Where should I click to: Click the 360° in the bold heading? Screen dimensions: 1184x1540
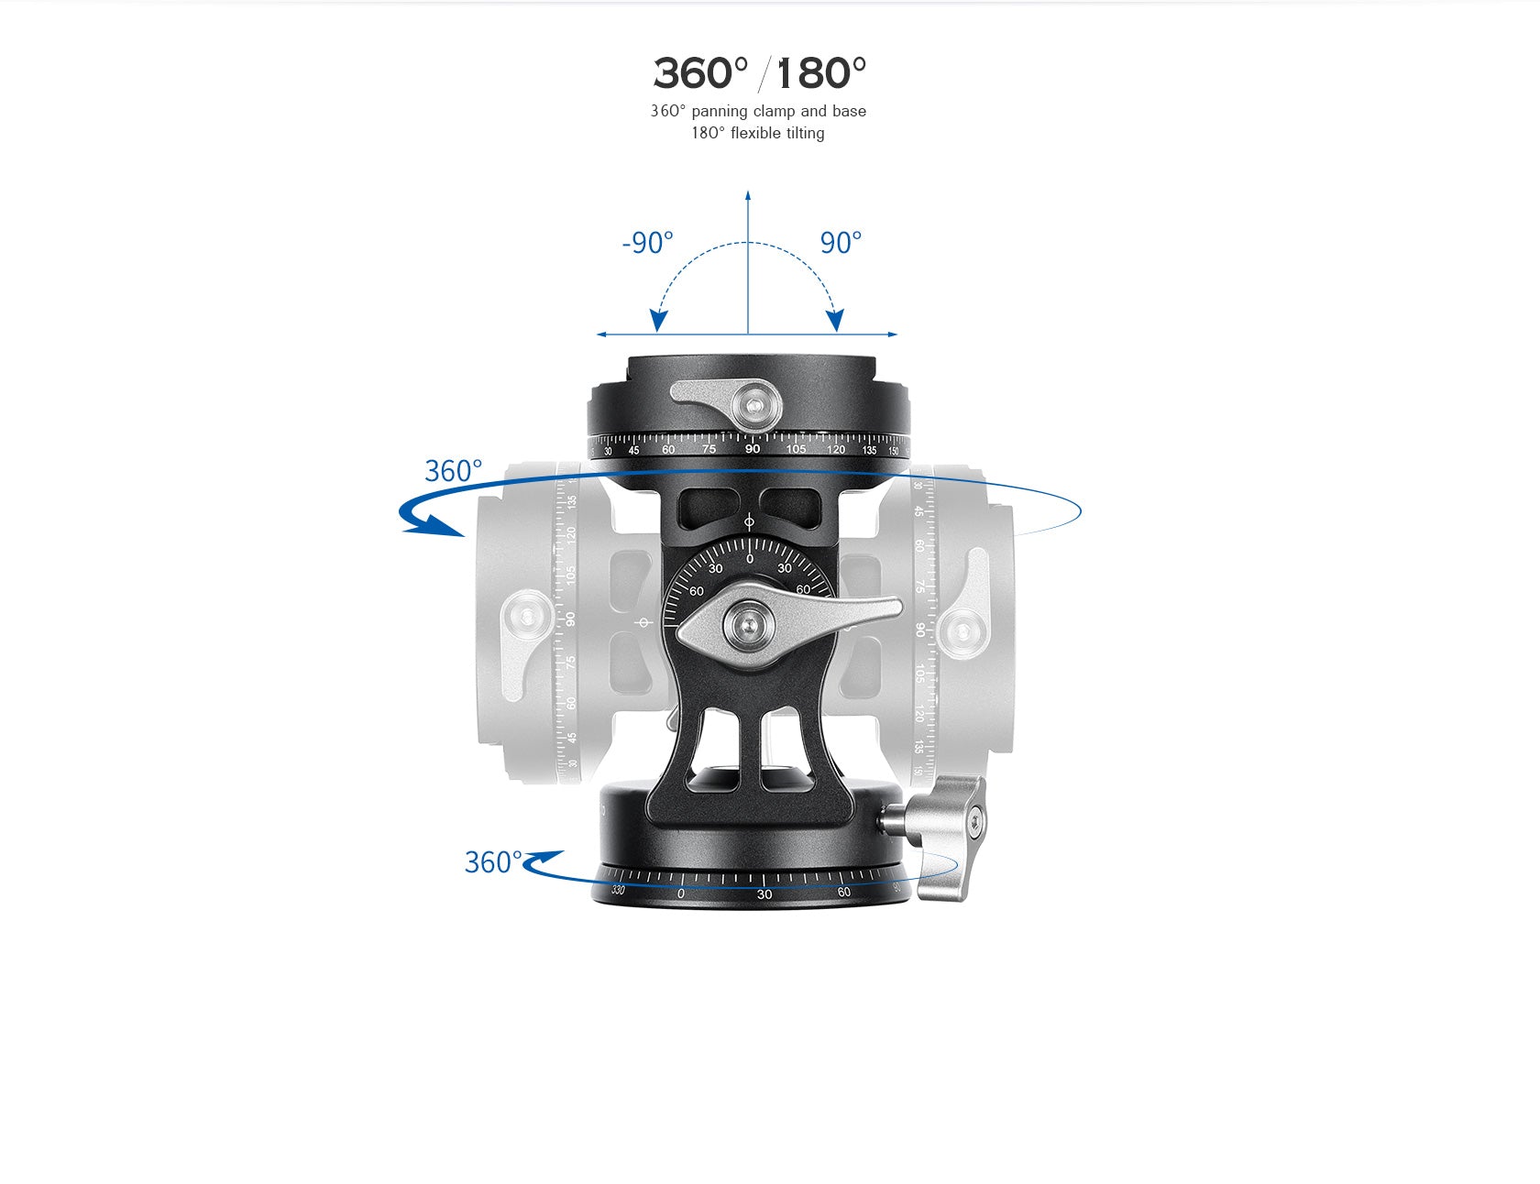tap(700, 73)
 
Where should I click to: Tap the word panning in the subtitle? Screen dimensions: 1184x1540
tap(720, 111)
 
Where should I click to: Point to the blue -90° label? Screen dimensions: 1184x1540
tap(647, 243)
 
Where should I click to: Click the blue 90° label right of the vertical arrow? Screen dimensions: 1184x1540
tap(841, 243)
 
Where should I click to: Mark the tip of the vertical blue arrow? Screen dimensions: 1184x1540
tap(748, 194)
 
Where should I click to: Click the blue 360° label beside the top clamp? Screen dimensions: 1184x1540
tap(453, 471)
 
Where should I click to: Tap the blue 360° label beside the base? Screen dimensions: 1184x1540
tap(492, 862)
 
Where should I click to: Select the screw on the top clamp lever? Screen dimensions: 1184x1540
tap(754, 405)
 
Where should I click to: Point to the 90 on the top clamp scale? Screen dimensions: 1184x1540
tap(752, 449)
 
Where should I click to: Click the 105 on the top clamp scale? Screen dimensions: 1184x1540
tap(796, 449)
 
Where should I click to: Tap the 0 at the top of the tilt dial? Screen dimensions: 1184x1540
tap(750, 559)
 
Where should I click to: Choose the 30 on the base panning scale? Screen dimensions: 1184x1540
tap(764, 894)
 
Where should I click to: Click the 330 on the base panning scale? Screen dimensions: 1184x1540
tap(618, 890)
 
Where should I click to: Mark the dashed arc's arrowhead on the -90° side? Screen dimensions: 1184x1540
tap(658, 321)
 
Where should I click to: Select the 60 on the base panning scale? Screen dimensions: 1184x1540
tap(843, 892)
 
